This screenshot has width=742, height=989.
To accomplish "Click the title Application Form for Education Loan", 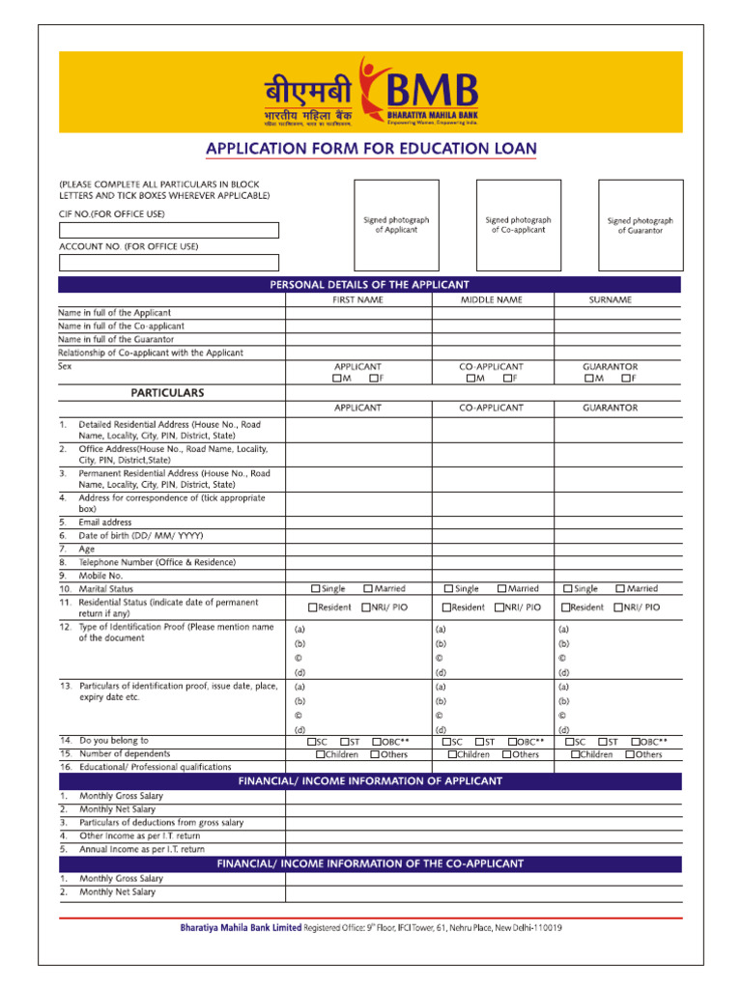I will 371,149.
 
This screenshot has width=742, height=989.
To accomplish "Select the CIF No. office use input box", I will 169,230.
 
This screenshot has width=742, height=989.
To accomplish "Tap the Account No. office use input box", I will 169,262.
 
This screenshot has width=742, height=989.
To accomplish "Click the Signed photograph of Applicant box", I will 396,226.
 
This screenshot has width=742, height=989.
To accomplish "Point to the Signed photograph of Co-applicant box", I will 518,225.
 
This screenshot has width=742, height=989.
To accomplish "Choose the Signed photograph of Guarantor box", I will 640,226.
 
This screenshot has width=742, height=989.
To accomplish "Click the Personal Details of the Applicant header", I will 369,285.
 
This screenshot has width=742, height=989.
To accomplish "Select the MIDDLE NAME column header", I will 492,300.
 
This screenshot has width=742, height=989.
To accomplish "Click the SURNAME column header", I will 610,300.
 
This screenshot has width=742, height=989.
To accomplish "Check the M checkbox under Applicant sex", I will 336,379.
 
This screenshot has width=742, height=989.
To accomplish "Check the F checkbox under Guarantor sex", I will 626,379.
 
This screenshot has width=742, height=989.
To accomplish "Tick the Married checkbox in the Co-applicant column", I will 502,588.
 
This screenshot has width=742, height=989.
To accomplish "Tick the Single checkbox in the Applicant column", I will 316,588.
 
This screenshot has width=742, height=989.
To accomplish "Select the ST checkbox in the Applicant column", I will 344,742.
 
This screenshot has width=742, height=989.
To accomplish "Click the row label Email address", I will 105,523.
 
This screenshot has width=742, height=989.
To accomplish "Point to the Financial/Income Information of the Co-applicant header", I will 369,863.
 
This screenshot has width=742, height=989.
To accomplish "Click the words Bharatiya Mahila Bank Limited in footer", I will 241,928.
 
